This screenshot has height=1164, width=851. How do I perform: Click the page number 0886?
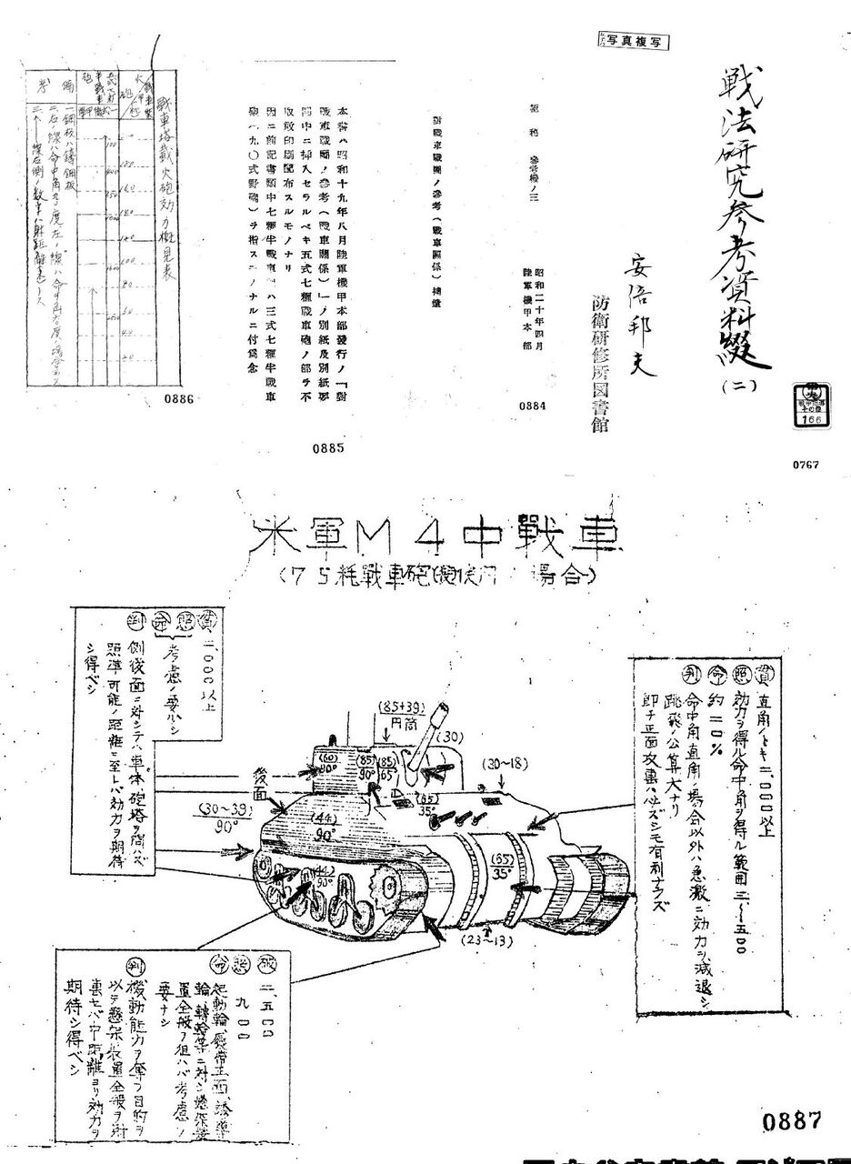pos(185,397)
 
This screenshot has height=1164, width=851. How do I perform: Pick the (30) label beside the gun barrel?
pos(453,737)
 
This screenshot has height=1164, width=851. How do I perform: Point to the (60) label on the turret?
pos(328,757)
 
